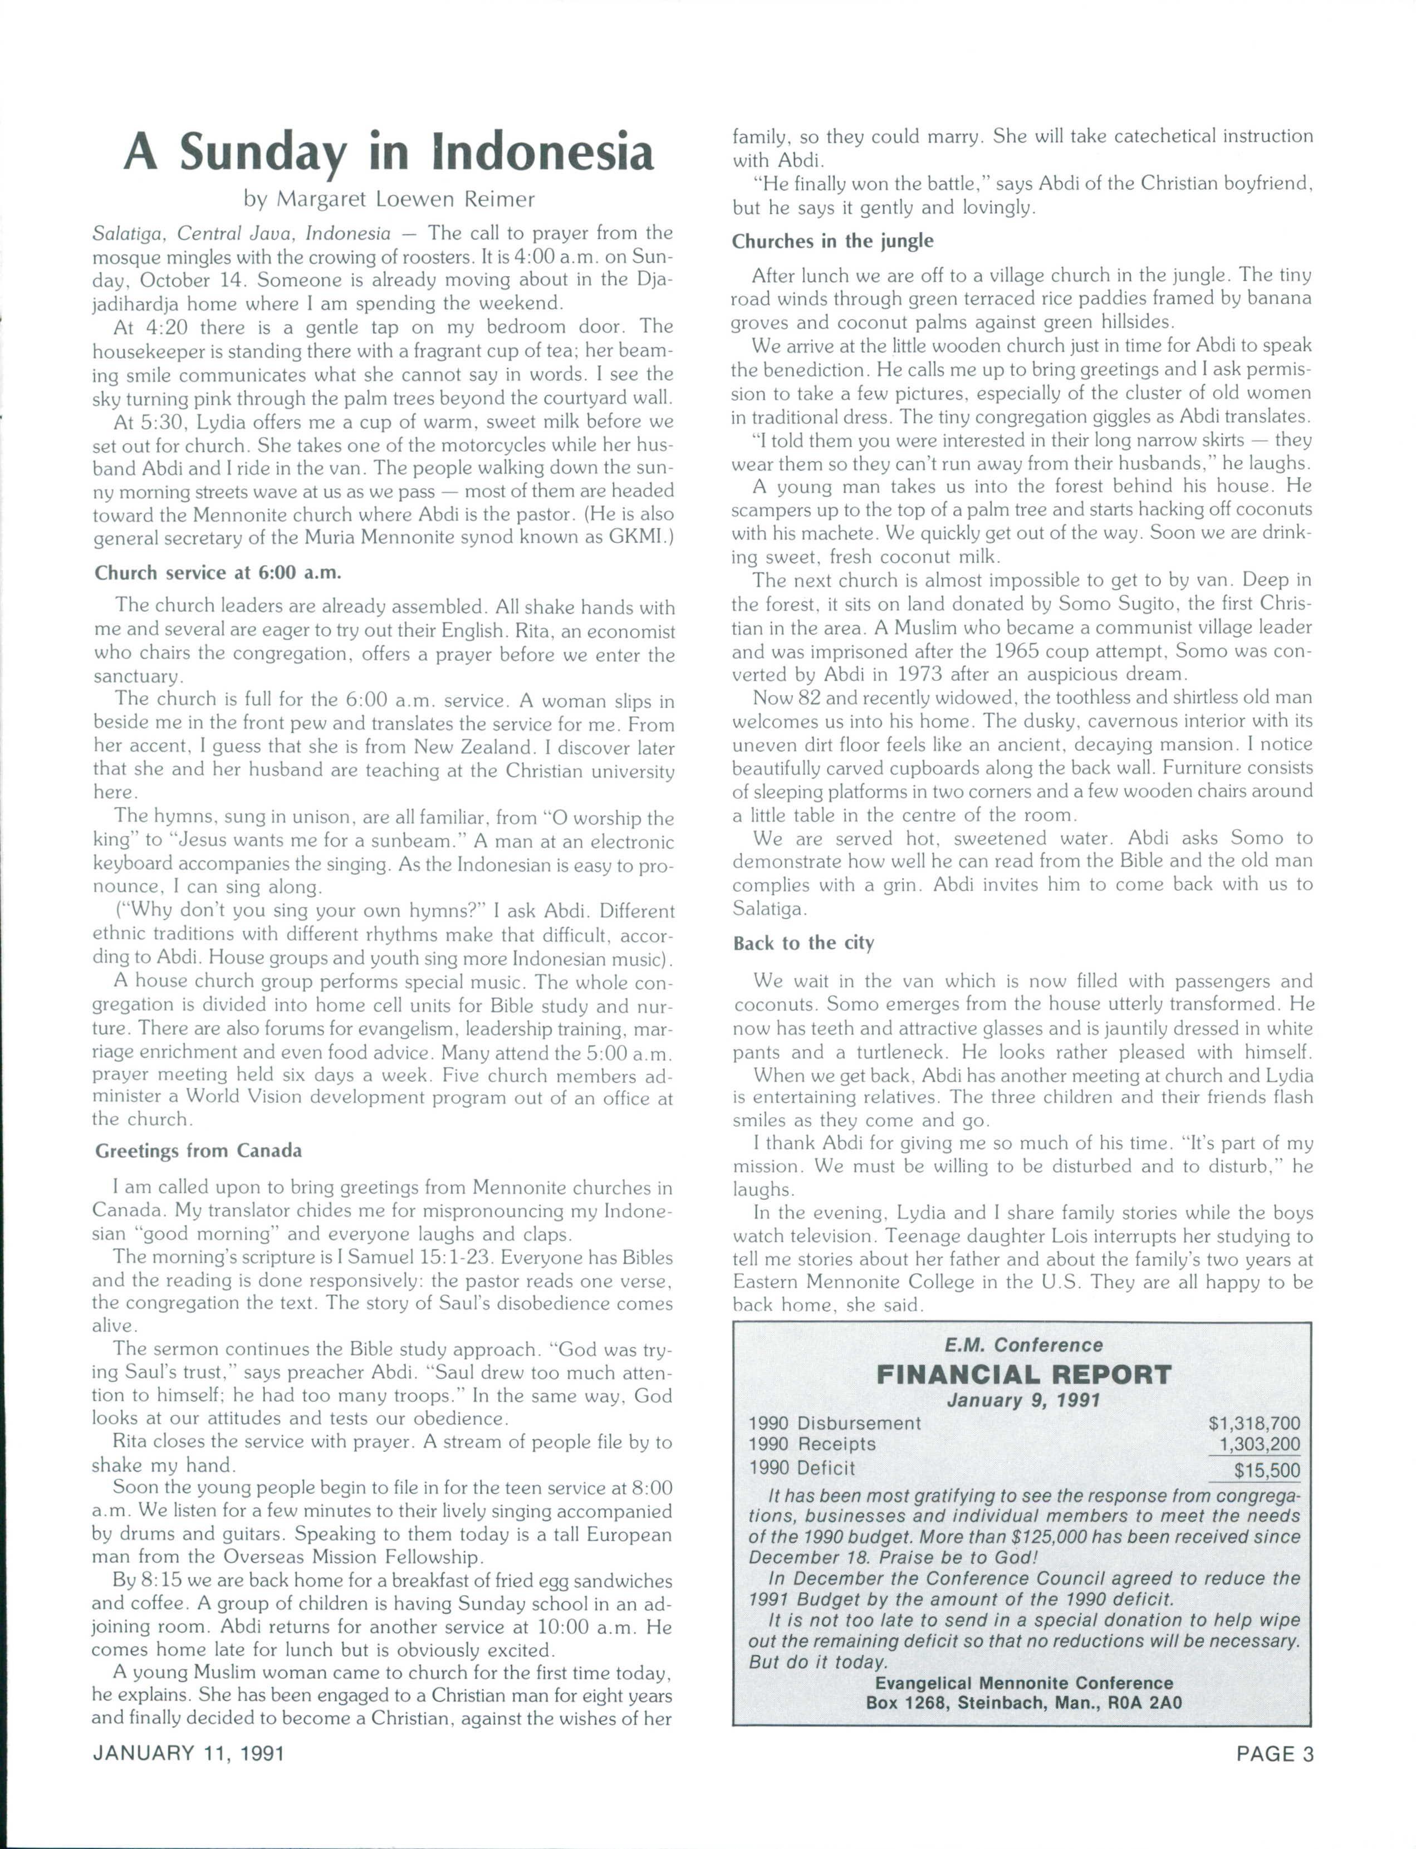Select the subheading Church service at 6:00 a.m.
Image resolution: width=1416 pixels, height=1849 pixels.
[x=218, y=573]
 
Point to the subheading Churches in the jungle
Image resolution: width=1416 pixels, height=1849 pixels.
[x=833, y=241]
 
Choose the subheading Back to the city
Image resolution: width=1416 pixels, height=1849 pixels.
[x=803, y=943]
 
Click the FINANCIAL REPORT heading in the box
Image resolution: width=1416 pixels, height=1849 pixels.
[x=1023, y=1375]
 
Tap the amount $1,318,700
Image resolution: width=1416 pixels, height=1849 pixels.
[x=1254, y=1424]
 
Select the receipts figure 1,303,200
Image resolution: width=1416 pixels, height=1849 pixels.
[x=1259, y=1444]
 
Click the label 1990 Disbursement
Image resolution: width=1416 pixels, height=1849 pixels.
[x=835, y=1424]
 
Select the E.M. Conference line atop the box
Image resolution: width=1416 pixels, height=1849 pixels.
[x=1023, y=1345]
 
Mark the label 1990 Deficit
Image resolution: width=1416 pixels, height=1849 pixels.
[x=802, y=1468]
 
